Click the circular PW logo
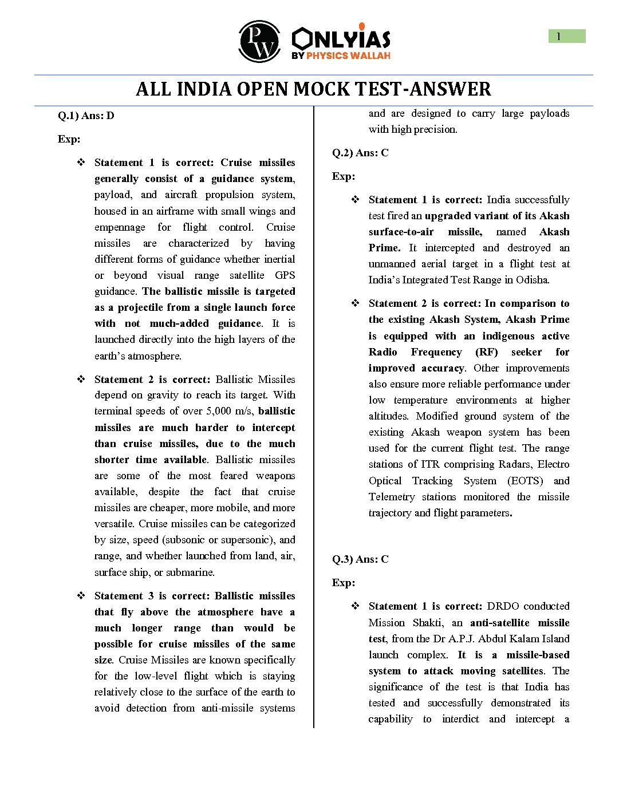point(259,41)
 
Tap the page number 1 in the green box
point(559,37)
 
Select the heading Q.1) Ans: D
point(86,116)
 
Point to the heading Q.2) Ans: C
point(360,153)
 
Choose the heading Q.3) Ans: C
point(360,559)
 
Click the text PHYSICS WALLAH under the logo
point(348,56)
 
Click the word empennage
point(120,227)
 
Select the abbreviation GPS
point(285,275)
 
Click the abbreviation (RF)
point(487,352)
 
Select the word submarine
point(273,572)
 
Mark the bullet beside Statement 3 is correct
point(81,596)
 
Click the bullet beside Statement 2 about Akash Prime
point(356,303)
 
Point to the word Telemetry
point(392,497)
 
